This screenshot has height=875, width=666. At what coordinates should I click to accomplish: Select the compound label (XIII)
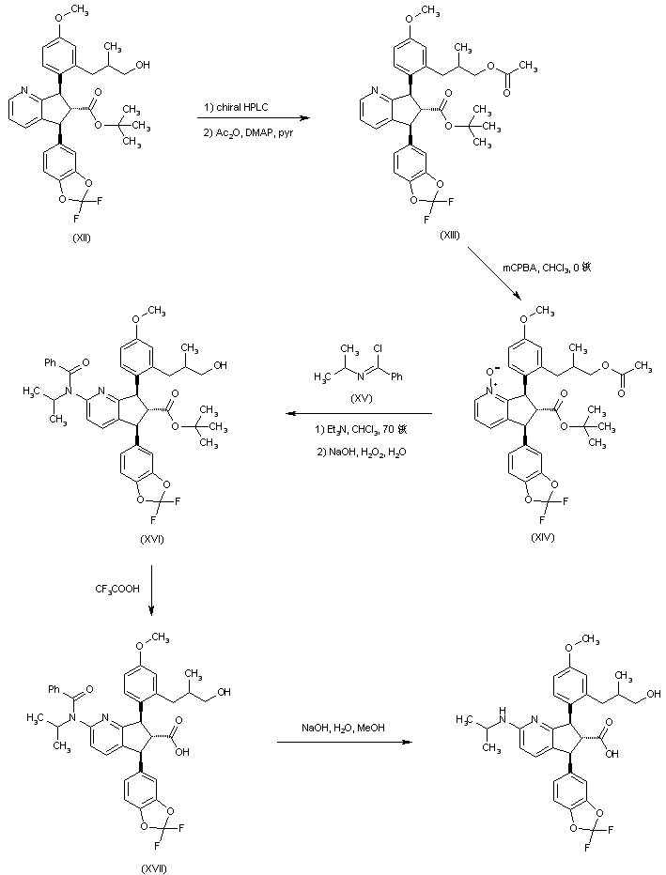(451, 234)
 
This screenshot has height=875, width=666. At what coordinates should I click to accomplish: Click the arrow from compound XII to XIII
(254, 119)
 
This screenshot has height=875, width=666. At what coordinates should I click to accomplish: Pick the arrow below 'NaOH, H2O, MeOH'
(345, 743)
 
